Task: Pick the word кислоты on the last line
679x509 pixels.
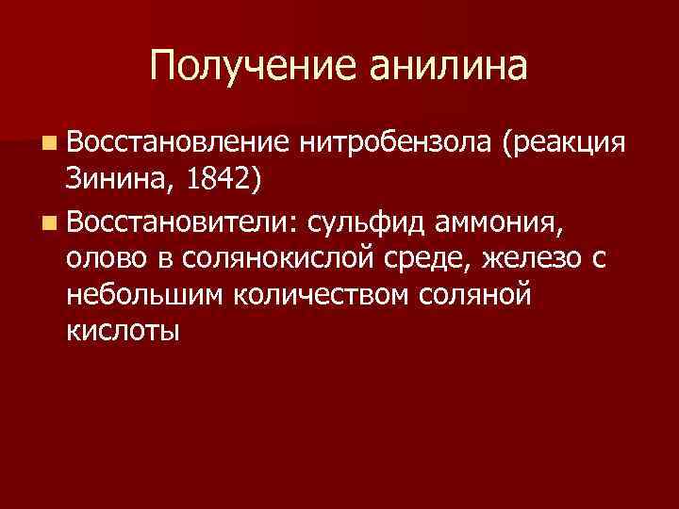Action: pyautogui.click(x=123, y=332)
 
